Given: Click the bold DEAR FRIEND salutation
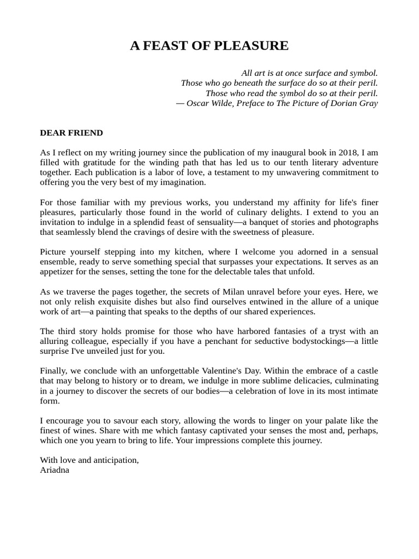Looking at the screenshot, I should [71, 133].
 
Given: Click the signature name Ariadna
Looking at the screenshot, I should [55, 469].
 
